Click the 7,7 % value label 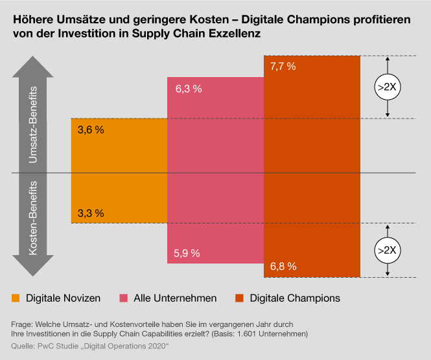tap(283, 66)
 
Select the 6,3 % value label tap(189, 89)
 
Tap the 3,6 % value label tap(90, 129)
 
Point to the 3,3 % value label tap(90, 212)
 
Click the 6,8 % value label tap(283, 265)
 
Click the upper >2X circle tap(387, 87)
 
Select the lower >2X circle tap(387, 250)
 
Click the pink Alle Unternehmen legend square tap(123, 298)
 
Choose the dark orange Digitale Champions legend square tap(239, 298)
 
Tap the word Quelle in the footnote tap(24, 346)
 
